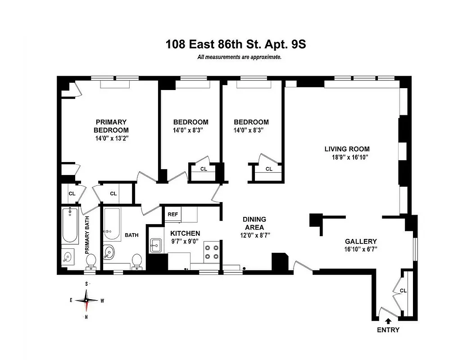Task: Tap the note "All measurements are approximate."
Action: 239,57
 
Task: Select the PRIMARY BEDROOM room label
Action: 111,126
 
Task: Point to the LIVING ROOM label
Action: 347,149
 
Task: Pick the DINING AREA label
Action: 254,223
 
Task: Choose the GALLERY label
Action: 361,241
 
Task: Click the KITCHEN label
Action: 185,233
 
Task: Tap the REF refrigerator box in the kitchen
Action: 173,215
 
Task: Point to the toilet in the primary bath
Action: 91,261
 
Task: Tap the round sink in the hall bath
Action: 109,252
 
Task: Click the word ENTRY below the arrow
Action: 388,330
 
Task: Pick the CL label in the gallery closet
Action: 403,291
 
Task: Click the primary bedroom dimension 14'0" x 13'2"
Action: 111,138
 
